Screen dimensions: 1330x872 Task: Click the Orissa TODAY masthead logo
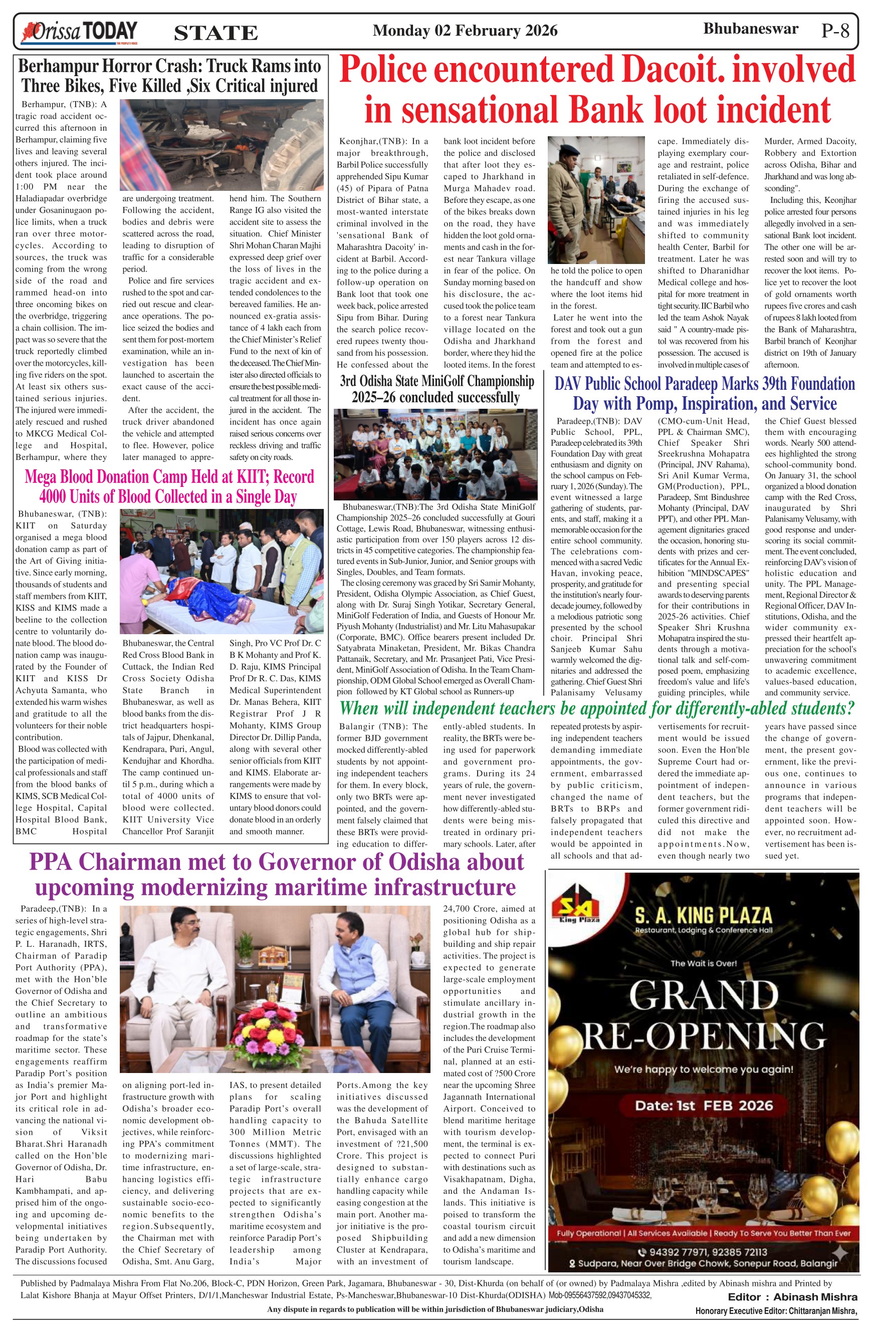pyautogui.click(x=79, y=32)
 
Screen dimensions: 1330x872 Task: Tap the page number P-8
pyautogui.click(x=835, y=31)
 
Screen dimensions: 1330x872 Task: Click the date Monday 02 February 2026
pyautogui.click(x=465, y=31)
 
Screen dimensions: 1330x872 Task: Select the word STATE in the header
pyautogui.click(x=216, y=33)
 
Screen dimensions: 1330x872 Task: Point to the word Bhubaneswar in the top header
pyautogui.click(x=750, y=29)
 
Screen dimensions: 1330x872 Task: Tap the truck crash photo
pyautogui.click(x=222, y=145)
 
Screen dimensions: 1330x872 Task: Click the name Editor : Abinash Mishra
pyautogui.click(x=792, y=1296)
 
